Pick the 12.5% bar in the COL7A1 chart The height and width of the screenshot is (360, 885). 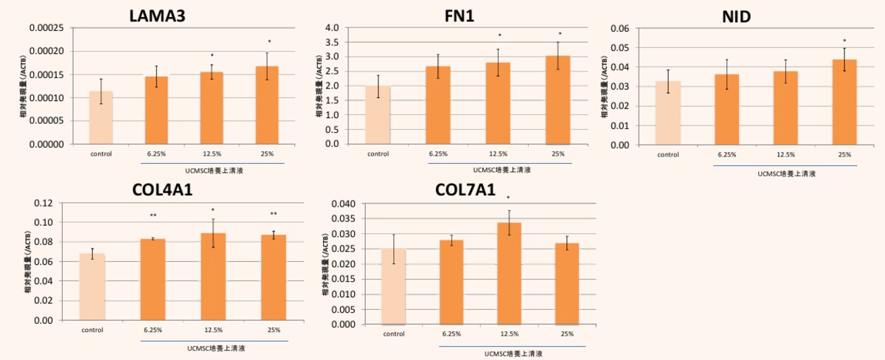click(509, 273)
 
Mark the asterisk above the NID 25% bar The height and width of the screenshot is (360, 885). click(844, 41)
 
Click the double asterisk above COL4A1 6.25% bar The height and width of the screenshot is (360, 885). click(153, 215)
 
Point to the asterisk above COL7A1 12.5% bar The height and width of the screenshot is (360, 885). click(509, 198)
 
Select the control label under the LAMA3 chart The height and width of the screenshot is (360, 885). click(101, 154)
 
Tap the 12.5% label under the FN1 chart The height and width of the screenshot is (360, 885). click(499, 154)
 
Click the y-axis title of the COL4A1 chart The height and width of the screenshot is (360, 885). click(27, 262)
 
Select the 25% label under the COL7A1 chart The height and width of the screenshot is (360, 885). click(567, 334)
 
